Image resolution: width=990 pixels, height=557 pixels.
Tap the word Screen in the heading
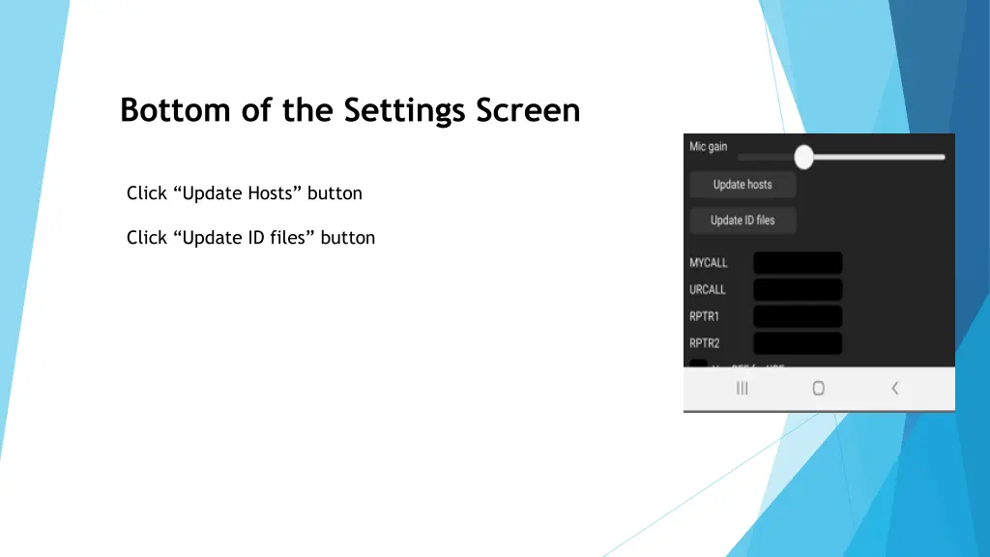pyautogui.click(x=528, y=111)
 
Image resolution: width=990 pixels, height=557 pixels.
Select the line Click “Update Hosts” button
pyautogui.click(x=244, y=193)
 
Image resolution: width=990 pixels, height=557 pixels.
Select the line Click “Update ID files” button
pyautogui.click(x=250, y=238)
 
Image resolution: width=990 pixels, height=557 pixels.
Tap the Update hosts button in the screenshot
pyautogui.click(x=742, y=185)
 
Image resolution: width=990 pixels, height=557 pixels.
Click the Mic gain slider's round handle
pyautogui.click(x=803, y=157)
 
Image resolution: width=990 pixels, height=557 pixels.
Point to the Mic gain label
pyautogui.click(x=708, y=147)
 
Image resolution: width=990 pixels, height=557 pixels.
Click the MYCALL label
pyautogui.click(x=709, y=263)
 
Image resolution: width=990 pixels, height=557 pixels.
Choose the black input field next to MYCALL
pyautogui.click(x=798, y=263)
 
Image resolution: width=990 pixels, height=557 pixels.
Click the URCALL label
pyautogui.click(x=708, y=290)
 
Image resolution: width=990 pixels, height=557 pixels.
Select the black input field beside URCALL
pyautogui.click(x=798, y=290)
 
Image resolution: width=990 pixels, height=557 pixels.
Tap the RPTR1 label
pyautogui.click(x=705, y=316)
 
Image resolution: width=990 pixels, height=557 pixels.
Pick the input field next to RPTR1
pyautogui.click(x=798, y=316)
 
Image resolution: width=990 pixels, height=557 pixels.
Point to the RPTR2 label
pyautogui.click(x=705, y=343)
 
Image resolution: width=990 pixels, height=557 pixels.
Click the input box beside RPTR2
pyautogui.click(x=798, y=343)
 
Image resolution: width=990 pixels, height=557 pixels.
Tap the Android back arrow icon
pyautogui.click(x=895, y=388)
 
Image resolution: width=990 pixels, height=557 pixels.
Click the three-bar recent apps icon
pyautogui.click(x=742, y=388)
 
